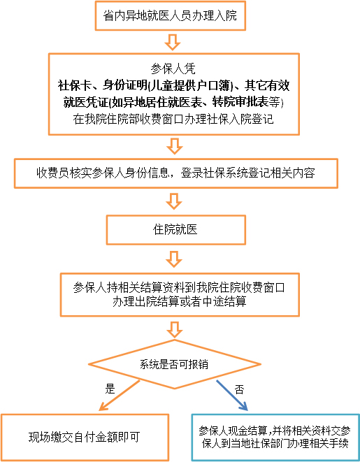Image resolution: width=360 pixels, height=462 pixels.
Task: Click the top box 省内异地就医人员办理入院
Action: click(x=171, y=15)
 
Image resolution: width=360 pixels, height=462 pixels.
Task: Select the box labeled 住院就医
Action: click(x=176, y=230)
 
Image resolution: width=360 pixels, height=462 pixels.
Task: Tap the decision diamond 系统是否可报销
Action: click(x=175, y=364)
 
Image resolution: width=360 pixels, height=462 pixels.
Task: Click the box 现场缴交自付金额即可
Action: click(x=85, y=438)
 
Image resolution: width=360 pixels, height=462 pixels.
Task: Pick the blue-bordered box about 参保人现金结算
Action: click(x=275, y=438)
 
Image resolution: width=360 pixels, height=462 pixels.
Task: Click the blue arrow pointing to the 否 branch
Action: click(x=232, y=396)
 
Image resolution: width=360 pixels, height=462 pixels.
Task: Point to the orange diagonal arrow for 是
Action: click(x=120, y=395)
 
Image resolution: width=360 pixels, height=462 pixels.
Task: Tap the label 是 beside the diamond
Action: click(x=110, y=389)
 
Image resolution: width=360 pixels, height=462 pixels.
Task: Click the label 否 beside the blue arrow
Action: click(x=240, y=389)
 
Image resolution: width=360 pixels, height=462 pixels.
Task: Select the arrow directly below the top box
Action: click(x=173, y=42)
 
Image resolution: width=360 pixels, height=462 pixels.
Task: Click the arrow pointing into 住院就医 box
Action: click(x=174, y=201)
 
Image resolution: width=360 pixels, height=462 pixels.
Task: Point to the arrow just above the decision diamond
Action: click(x=175, y=329)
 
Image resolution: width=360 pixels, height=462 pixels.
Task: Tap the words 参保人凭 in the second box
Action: click(x=173, y=69)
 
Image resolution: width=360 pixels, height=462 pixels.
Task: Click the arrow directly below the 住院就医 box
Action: click(x=174, y=259)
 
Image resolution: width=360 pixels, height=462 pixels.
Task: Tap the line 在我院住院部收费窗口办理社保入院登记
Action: click(x=173, y=119)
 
